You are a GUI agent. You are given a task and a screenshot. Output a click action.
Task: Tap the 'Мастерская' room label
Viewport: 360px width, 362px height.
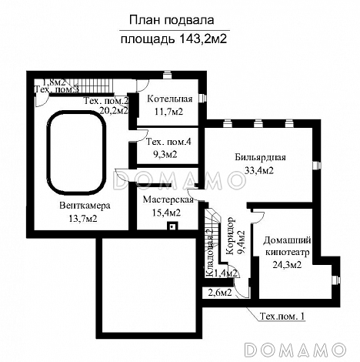162,199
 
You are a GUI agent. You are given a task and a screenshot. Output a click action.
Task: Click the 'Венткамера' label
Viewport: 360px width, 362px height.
84,206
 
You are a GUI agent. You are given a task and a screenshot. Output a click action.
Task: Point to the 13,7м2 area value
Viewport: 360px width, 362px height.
84,219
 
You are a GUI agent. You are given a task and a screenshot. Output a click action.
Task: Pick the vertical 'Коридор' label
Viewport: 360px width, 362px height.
232,236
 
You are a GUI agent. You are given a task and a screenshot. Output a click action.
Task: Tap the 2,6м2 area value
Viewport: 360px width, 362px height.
221,292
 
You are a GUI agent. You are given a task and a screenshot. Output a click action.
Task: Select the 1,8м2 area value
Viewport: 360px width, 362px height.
55,81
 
